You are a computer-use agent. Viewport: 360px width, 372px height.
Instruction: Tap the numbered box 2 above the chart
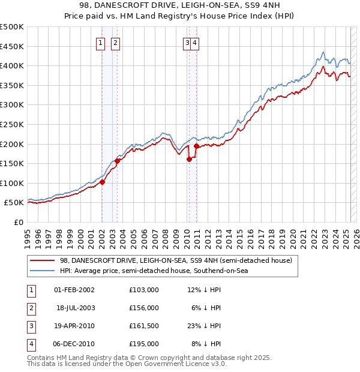[115, 43]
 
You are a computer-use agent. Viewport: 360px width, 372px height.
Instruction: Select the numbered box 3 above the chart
[188, 43]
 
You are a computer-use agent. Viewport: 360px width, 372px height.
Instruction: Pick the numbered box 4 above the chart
[196, 43]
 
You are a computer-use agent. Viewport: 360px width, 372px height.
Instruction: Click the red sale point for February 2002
[102, 182]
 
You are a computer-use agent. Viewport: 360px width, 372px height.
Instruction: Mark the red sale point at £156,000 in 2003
[118, 161]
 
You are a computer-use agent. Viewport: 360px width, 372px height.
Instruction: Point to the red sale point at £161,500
[189, 159]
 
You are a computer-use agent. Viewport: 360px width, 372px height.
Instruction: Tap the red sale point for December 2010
[196, 146]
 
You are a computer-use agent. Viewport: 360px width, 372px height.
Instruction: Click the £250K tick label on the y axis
[12, 124]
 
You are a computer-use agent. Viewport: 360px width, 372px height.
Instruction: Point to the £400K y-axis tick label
[12, 65]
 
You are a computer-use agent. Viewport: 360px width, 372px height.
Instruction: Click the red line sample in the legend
[43, 260]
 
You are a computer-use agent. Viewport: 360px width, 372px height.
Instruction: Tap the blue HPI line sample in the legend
[43, 271]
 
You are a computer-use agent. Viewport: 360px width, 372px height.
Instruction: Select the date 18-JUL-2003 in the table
[76, 308]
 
